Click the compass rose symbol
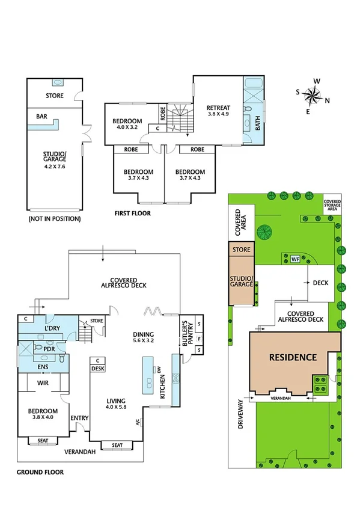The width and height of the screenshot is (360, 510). click(x=313, y=94)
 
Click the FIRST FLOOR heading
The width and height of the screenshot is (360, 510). click(x=132, y=213)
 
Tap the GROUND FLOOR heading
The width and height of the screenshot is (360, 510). click(x=40, y=472)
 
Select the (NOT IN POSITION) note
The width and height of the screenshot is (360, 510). click(x=54, y=219)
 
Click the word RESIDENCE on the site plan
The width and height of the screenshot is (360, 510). click(x=292, y=357)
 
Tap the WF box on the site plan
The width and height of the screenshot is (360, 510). click(x=294, y=259)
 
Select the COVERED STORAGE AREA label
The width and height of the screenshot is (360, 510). click(x=332, y=206)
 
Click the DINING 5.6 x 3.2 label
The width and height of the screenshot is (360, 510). click(x=144, y=337)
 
